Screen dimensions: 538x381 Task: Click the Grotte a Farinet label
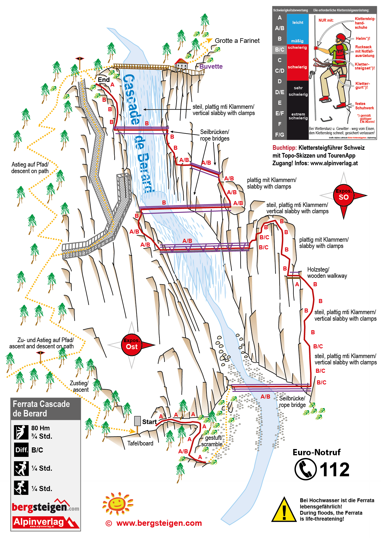[237, 41]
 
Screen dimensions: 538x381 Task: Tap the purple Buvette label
[211, 66]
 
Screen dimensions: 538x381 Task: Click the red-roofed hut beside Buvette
[181, 64]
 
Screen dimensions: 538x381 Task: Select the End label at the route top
[104, 80]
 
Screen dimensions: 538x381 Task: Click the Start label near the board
[149, 422]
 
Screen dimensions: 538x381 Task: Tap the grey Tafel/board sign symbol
[137, 421]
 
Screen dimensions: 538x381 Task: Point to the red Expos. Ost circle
[132, 345]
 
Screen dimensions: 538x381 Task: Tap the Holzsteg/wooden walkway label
[327, 273]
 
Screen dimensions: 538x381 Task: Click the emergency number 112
[335, 470]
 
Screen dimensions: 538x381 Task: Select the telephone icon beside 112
[306, 469]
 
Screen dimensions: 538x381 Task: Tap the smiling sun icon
[117, 504]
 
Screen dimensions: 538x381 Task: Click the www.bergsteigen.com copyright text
[159, 523]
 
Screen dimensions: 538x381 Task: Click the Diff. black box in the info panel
[21, 450]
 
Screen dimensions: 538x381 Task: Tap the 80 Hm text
[40, 428]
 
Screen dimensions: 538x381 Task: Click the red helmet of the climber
[341, 37]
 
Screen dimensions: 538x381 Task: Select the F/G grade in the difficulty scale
[280, 135]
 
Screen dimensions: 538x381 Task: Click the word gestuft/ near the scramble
[214, 438]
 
